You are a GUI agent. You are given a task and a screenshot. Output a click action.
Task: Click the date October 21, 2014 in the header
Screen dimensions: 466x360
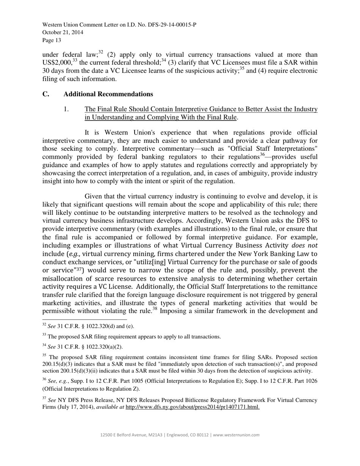coord(63,33)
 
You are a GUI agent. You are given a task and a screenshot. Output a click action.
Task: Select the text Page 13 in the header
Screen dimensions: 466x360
coord(52,40)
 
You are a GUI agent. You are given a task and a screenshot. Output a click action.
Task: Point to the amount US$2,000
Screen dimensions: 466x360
coord(57,63)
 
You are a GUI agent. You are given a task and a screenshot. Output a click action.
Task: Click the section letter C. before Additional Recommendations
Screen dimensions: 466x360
coord(46,94)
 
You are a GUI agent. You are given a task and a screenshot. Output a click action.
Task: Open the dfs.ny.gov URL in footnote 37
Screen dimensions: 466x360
coord(193,407)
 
